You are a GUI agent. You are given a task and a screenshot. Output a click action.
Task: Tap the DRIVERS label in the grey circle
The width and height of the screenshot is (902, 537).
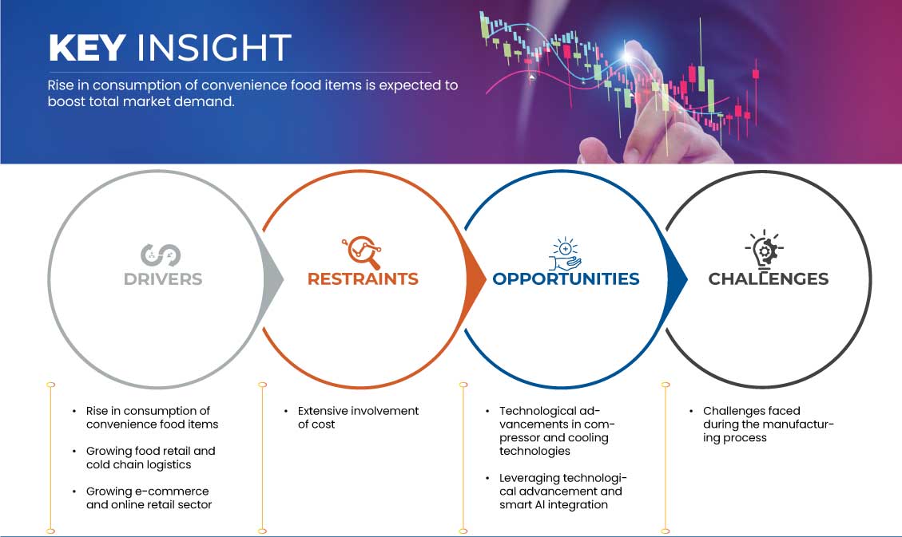click(163, 279)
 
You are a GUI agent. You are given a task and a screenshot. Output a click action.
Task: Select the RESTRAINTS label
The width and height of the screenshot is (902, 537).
click(363, 279)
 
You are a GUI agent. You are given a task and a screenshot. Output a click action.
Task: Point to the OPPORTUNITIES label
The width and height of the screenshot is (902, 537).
click(566, 279)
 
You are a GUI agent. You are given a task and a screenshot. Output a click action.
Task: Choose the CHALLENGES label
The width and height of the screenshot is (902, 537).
click(768, 279)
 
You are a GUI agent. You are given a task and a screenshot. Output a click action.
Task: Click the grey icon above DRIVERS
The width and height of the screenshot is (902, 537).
click(161, 255)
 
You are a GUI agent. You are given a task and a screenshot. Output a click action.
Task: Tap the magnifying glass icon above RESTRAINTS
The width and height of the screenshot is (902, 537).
click(361, 252)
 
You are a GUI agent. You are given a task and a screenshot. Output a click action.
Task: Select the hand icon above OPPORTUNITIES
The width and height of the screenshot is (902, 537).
click(565, 253)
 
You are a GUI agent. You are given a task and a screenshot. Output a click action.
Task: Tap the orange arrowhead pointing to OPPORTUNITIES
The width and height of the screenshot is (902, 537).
click(477, 278)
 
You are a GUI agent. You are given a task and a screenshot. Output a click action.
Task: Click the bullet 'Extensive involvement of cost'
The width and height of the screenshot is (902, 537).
click(357, 417)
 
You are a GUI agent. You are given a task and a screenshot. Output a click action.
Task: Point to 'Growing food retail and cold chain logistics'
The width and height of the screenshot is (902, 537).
click(150, 457)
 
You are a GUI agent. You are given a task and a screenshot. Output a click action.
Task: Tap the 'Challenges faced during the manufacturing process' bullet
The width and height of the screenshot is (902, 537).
click(768, 424)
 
